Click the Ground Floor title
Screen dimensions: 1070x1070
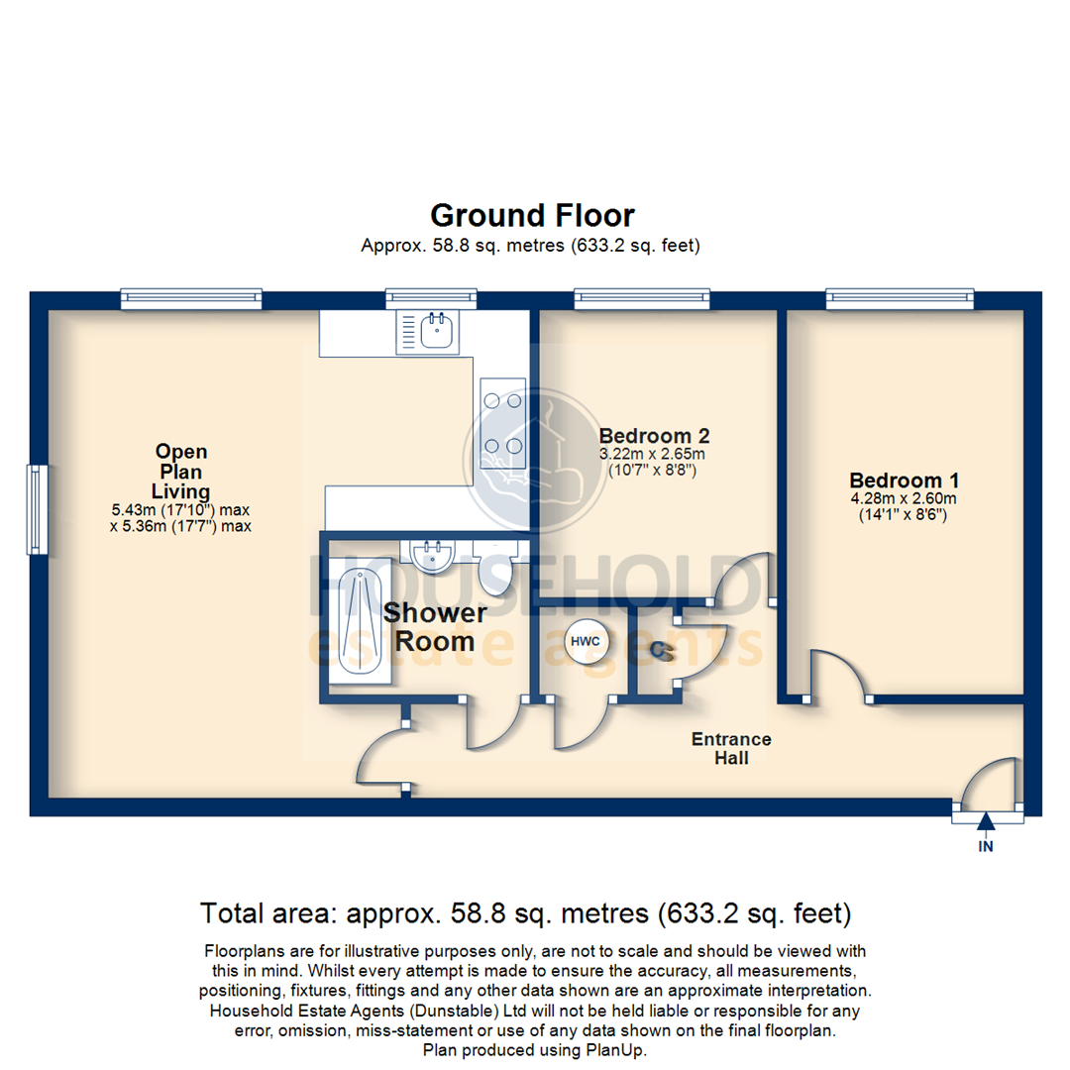[532, 216]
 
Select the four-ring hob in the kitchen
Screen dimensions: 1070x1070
[501, 423]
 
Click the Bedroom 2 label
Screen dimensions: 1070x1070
[654, 435]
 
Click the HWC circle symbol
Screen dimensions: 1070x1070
[582, 642]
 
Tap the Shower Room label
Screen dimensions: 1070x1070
[435, 626]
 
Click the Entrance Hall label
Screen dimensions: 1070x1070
[731, 749]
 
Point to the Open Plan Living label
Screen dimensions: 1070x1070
[180, 472]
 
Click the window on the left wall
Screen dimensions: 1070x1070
[37, 509]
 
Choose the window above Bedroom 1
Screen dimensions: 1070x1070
[901, 296]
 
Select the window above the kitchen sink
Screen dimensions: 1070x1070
[431, 296]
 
